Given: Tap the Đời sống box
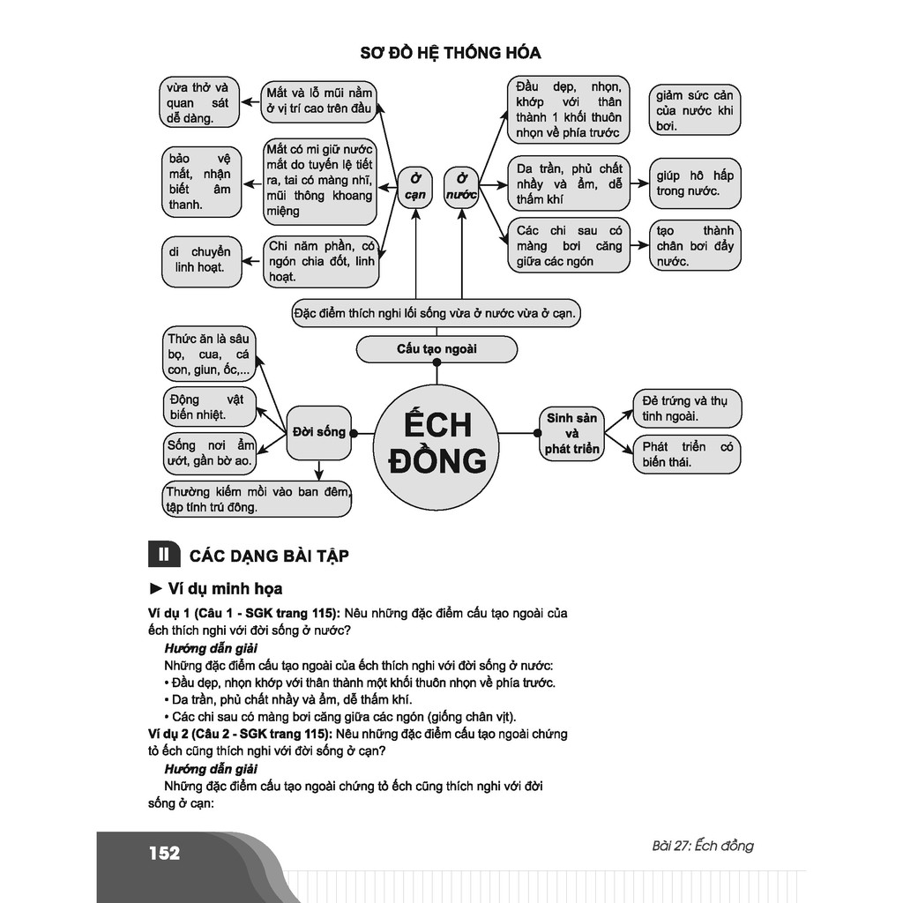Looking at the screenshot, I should [x=318, y=432].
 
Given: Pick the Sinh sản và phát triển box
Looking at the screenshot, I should [x=572, y=433].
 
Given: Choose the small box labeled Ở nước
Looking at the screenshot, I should [x=461, y=187].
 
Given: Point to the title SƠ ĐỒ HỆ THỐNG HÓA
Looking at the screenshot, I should [x=451, y=53].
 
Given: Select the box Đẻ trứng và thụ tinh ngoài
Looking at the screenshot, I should [x=687, y=408].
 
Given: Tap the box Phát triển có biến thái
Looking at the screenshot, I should [x=687, y=454].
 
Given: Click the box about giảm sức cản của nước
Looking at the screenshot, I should [x=694, y=110].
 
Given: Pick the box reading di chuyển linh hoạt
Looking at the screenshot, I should [x=202, y=260].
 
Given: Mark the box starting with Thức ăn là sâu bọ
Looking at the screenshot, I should [x=206, y=354].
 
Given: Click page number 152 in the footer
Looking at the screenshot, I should [x=164, y=853].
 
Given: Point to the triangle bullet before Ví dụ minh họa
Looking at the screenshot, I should [x=156, y=588].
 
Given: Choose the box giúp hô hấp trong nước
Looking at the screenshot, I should [x=694, y=183].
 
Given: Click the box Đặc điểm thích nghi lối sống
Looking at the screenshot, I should [x=437, y=313].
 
